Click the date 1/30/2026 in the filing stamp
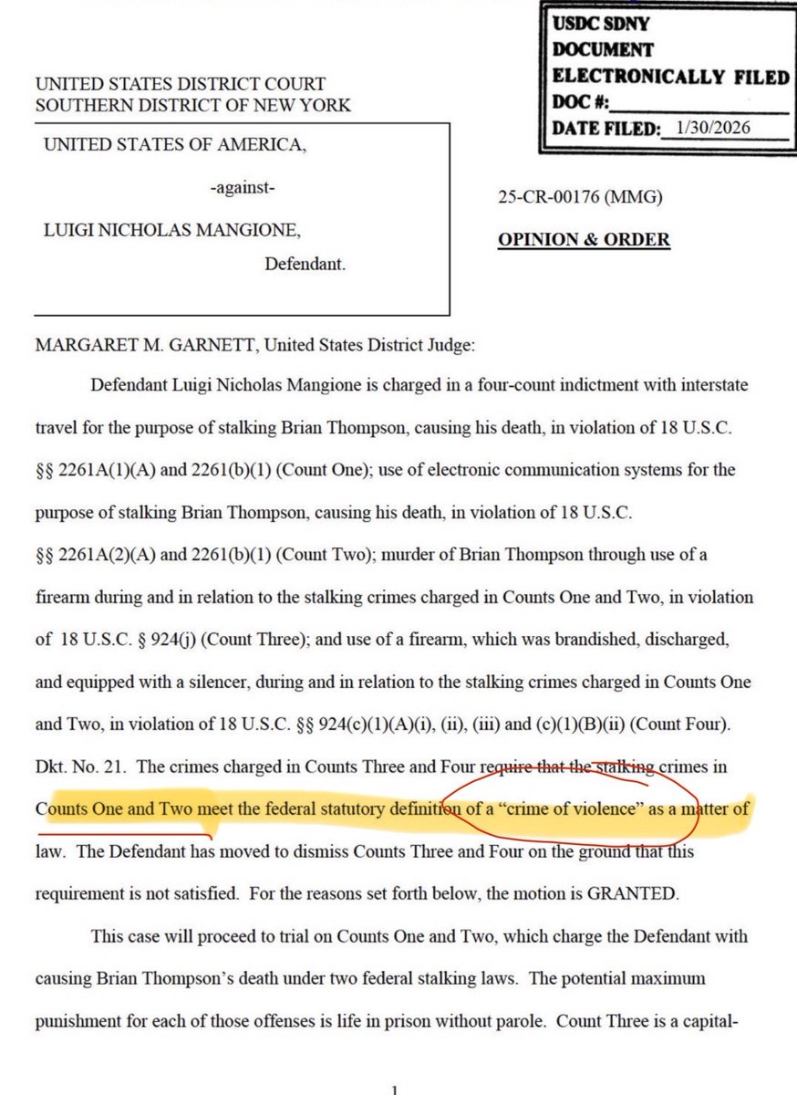(x=708, y=128)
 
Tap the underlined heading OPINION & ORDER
(x=584, y=240)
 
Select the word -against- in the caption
(x=242, y=189)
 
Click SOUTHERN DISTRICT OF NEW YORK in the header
(x=192, y=105)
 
